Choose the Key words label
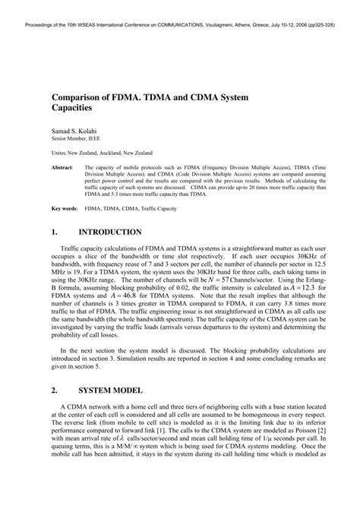pyautogui.click(x=65, y=207)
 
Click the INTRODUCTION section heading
pyautogui.click(x=114, y=232)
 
